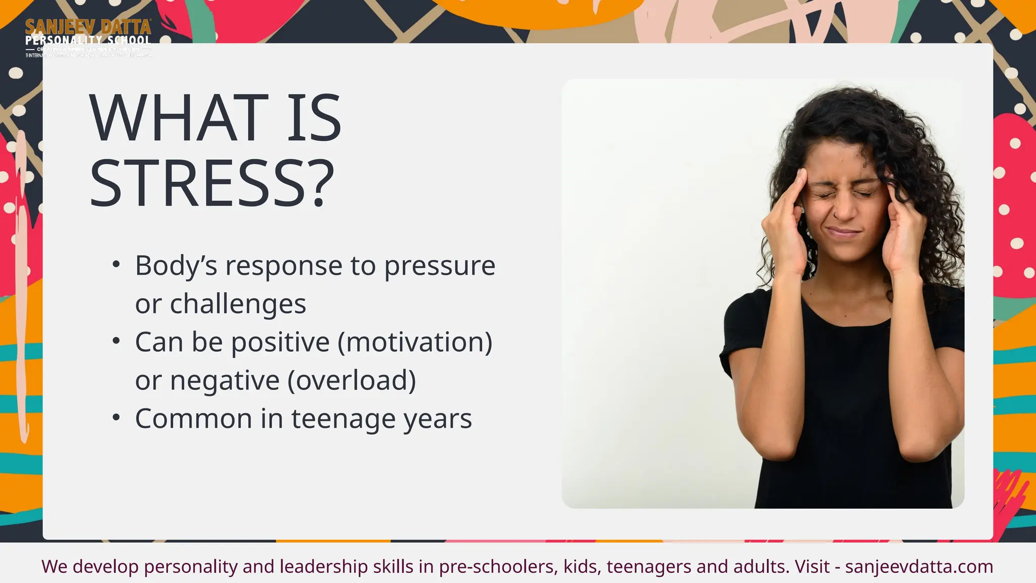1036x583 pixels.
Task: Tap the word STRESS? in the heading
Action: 212,184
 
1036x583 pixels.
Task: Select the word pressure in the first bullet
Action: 440,266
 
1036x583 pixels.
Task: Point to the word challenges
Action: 238,304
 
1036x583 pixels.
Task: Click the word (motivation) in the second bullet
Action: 415,343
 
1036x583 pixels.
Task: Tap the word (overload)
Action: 352,381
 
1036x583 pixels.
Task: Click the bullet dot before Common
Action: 116,418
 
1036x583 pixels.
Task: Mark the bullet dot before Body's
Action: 116,265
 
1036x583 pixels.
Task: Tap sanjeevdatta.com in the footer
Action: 919,566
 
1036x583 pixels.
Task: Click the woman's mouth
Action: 843,233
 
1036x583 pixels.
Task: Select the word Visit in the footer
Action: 812,566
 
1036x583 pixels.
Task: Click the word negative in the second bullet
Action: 225,381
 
